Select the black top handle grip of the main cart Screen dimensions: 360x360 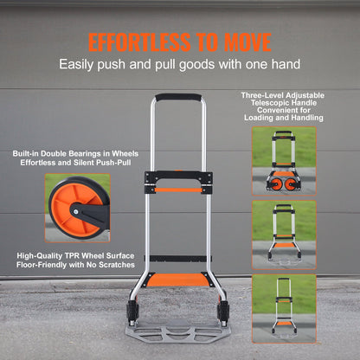pos(179,98)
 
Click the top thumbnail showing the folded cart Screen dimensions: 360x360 pos(283,160)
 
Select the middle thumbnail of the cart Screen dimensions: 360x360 pos(283,234)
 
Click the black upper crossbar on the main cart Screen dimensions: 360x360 pos(179,183)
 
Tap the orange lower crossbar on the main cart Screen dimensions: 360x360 pos(179,279)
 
